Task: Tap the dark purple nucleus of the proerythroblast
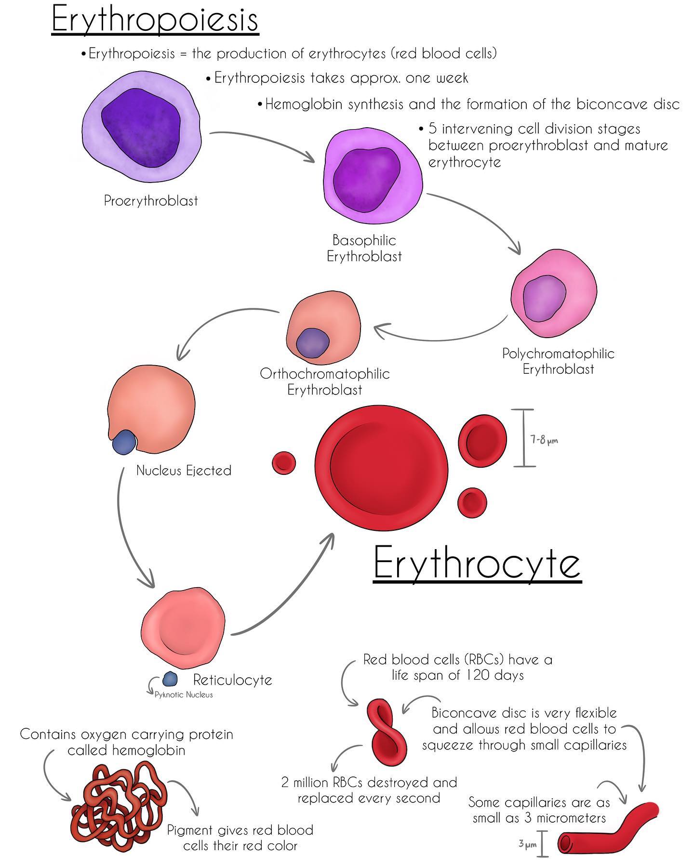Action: [x=140, y=128]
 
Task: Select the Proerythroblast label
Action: [x=151, y=200]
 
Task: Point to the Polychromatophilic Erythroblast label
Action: [x=559, y=361]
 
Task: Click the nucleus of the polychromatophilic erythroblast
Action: [x=545, y=300]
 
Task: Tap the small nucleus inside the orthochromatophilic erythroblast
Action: [x=312, y=343]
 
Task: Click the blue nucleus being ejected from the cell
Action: [x=124, y=442]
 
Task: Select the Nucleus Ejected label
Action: [x=184, y=470]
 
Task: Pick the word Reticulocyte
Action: [x=233, y=680]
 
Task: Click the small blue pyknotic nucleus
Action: [x=170, y=679]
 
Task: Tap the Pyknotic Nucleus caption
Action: [x=183, y=695]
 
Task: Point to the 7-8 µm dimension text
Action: [x=545, y=439]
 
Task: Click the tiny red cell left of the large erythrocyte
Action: [x=284, y=463]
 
